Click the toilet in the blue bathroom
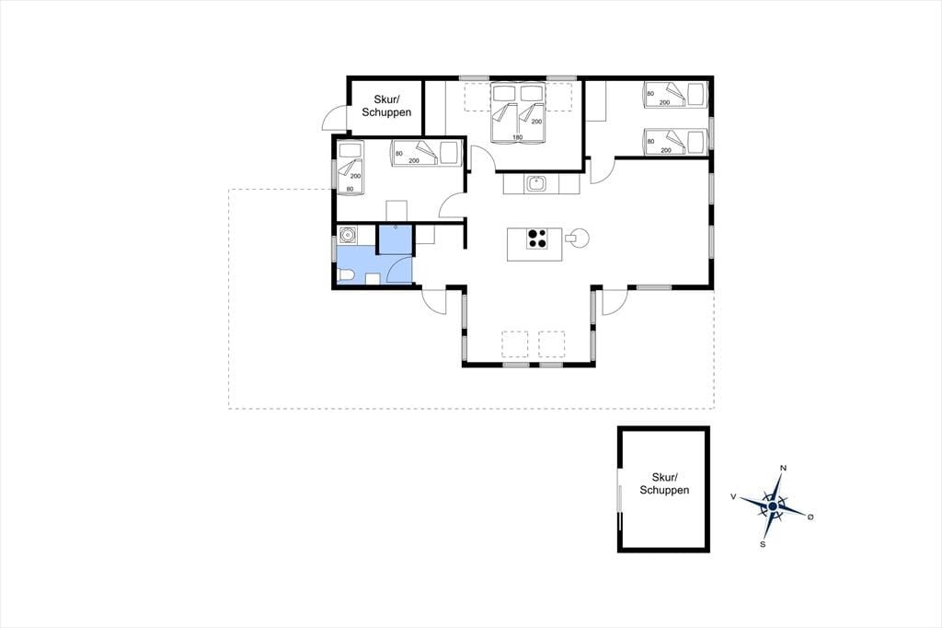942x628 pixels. click(x=346, y=276)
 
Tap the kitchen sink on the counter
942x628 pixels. click(x=535, y=183)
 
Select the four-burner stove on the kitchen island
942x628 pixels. click(x=536, y=238)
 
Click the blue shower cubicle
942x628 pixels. click(x=394, y=239)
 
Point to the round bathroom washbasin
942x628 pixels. click(x=347, y=235)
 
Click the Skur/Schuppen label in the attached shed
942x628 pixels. click(x=386, y=106)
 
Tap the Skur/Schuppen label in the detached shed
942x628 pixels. click(x=664, y=483)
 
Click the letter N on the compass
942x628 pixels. click(x=784, y=468)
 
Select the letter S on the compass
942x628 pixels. click(x=763, y=544)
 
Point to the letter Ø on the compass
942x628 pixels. click(x=810, y=517)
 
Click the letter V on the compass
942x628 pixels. click(x=733, y=496)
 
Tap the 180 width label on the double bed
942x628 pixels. click(x=517, y=137)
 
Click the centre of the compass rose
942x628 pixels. click(x=772, y=507)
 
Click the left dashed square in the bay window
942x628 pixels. click(x=515, y=344)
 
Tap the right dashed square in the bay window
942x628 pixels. click(x=552, y=344)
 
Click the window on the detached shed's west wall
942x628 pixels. click(x=620, y=490)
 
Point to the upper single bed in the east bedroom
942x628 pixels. click(x=674, y=95)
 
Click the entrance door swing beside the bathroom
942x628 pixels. click(x=435, y=301)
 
